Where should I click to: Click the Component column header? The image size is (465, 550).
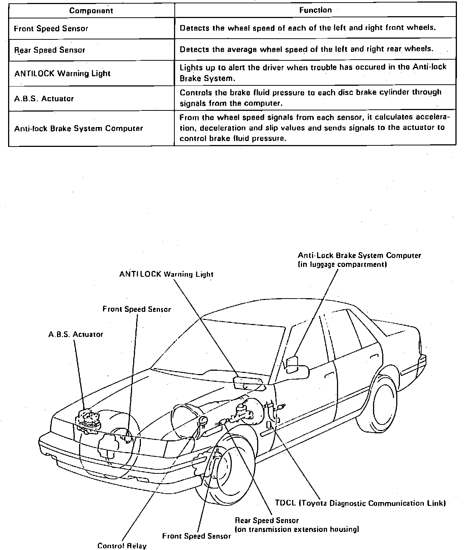pyautogui.click(x=91, y=11)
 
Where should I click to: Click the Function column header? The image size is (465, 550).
pyautogui.click(x=315, y=10)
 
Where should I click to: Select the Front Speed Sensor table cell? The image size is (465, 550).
pyautogui.click(x=51, y=29)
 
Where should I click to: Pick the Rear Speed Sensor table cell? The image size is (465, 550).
pyautogui.click(x=50, y=50)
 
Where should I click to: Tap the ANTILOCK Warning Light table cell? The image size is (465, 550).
pyautogui.click(x=62, y=73)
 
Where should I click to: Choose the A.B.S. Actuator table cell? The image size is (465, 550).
pyautogui.click(x=44, y=99)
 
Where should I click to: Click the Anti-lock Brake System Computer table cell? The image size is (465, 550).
pyautogui.click(x=78, y=128)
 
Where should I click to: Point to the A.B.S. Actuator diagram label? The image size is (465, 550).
pyautogui.click(x=75, y=334)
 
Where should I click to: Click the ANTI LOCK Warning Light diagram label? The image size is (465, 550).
pyautogui.click(x=166, y=274)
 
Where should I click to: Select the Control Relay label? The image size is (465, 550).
pyautogui.click(x=122, y=546)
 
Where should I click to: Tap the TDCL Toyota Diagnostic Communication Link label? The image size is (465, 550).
pyautogui.click(x=360, y=503)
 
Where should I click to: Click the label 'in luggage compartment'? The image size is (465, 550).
pyautogui.click(x=342, y=264)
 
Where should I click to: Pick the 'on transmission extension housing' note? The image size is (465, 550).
pyautogui.click(x=297, y=529)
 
